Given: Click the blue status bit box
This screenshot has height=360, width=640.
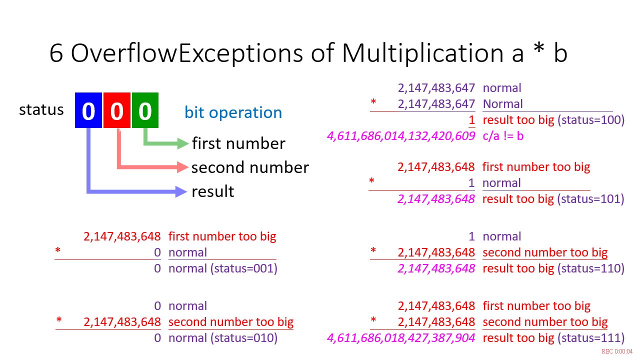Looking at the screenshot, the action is [x=88, y=110].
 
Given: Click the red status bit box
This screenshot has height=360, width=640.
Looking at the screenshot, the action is [x=117, y=110].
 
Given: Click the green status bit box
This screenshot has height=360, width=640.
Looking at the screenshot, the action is [x=145, y=110].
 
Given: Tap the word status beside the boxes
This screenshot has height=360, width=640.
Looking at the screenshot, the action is [x=41, y=109].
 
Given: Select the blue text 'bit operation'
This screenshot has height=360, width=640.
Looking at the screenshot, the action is [x=233, y=112].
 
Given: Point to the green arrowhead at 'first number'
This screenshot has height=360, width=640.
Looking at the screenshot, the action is [x=183, y=143].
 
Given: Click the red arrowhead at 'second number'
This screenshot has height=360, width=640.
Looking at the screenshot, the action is [x=183, y=167].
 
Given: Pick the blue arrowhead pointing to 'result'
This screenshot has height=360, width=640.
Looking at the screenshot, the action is [x=181, y=191].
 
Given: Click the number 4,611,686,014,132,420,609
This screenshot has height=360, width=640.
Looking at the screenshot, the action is [x=401, y=136].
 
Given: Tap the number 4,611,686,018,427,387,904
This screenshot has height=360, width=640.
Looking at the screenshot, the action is [x=401, y=338].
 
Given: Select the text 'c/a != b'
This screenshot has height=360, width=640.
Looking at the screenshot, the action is [x=503, y=136].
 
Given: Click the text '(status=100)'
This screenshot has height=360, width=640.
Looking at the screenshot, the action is [x=591, y=120].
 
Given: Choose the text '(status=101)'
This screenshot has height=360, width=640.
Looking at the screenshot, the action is [x=591, y=199].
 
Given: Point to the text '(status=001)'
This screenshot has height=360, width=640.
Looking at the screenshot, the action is [x=244, y=268].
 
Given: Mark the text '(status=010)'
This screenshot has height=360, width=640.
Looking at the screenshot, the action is [x=244, y=338].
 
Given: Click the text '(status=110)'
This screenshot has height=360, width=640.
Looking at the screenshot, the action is [x=591, y=268].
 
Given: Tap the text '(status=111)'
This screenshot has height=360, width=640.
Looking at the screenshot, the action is [x=591, y=338].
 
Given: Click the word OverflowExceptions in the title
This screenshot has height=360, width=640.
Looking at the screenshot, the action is [x=187, y=53].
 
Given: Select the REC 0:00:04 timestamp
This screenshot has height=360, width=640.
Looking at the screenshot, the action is [x=617, y=351].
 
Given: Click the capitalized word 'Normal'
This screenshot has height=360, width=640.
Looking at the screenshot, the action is [x=502, y=104].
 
